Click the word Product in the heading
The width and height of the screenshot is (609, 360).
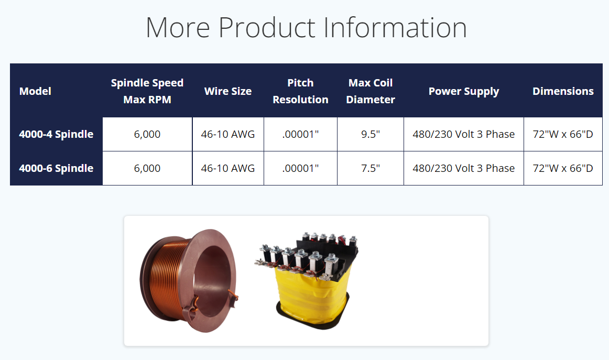tap(267, 28)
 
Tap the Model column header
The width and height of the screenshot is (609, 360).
tap(35, 91)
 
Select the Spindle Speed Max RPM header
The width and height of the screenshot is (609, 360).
tap(147, 91)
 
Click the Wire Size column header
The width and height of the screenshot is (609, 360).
tap(228, 91)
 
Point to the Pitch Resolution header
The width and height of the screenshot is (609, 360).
tap(301, 91)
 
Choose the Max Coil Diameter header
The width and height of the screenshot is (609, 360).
tap(371, 91)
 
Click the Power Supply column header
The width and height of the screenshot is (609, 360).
tap(464, 92)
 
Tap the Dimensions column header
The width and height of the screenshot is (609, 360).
tap(563, 91)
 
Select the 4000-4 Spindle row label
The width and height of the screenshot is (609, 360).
tap(56, 134)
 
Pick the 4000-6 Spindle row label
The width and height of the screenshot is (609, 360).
tap(56, 169)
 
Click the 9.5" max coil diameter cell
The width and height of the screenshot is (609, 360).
tap(371, 134)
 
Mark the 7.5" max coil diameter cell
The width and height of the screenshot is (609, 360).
tap(371, 169)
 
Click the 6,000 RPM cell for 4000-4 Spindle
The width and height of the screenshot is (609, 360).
tap(147, 134)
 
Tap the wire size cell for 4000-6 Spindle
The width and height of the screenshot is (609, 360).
tap(228, 169)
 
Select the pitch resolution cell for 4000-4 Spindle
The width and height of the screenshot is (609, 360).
tap(301, 134)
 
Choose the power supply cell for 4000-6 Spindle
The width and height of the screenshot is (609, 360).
tap(464, 169)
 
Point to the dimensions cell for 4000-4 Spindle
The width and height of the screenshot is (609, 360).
tap(563, 134)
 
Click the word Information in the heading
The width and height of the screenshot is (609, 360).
tap(395, 28)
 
